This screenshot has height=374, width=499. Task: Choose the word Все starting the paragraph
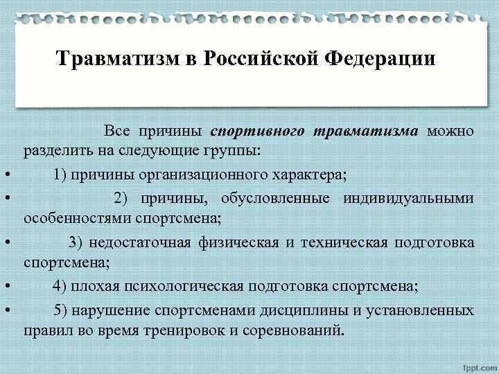(117, 131)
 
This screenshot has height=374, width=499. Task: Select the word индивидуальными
(408, 199)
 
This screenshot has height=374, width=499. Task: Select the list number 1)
(60, 174)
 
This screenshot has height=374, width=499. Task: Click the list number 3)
(76, 242)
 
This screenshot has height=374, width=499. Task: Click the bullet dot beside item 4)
(6, 286)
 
